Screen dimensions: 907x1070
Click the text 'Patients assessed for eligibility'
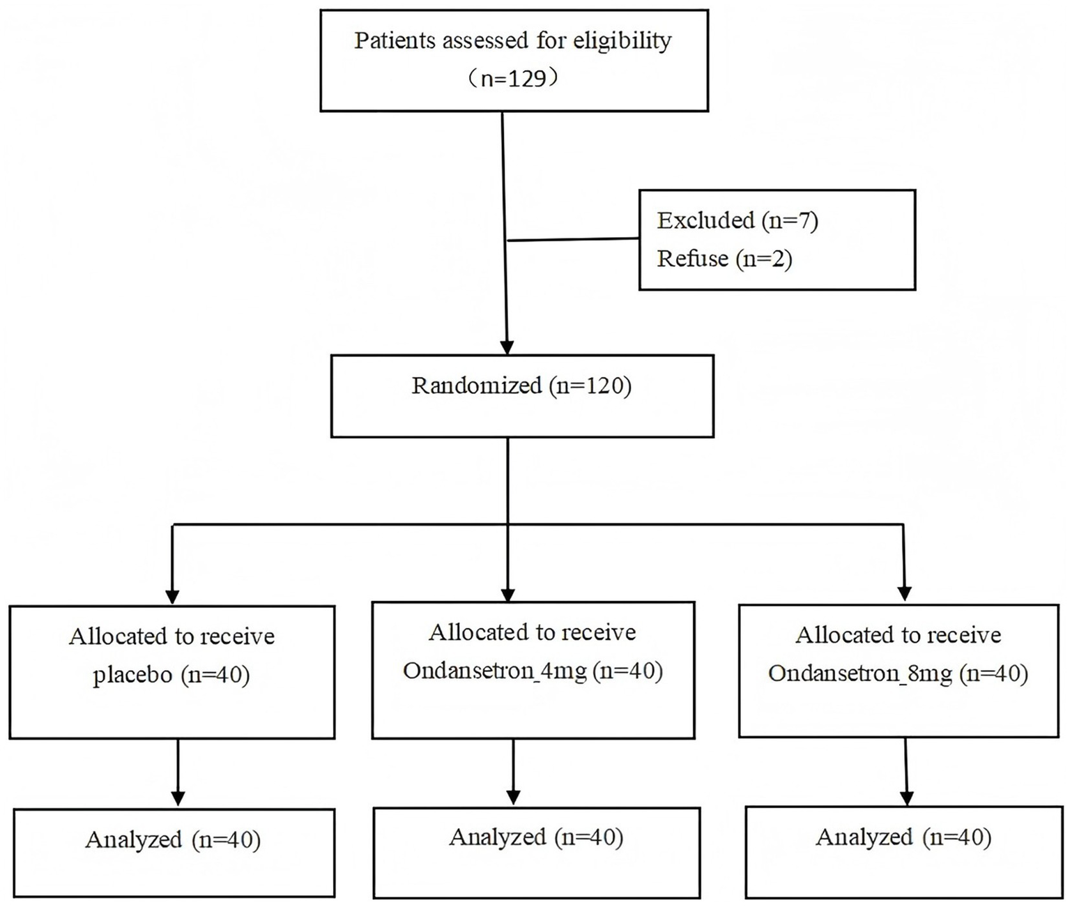512,40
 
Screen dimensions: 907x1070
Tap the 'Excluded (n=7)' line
737,220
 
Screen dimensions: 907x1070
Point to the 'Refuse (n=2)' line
724,259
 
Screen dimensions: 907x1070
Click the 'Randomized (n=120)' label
521,386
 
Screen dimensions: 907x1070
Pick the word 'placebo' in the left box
132,676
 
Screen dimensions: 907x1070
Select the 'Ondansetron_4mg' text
495,671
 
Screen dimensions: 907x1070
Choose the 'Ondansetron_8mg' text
859,673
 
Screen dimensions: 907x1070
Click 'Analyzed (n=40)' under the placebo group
173,839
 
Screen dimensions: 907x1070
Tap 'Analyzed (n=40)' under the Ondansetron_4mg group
535,837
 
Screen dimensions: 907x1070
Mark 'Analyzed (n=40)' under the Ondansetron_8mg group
903,837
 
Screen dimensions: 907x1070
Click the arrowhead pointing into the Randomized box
507,347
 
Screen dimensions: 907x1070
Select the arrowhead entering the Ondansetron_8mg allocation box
905,593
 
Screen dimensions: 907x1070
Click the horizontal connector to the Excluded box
573,240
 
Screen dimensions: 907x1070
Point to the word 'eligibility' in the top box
622,40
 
